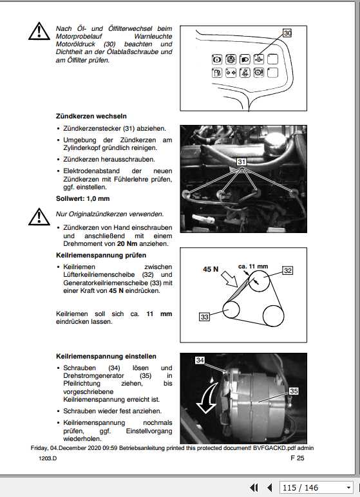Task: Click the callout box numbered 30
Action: pos(287,33)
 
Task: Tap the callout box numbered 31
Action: pos(242,162)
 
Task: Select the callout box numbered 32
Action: pos(287,270)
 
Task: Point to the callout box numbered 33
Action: pos(204,317)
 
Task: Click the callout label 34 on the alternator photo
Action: pos(200,360)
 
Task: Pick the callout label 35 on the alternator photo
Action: pos(294,391)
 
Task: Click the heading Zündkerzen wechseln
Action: pos(91,117)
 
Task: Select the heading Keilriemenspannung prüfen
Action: pos(101,255)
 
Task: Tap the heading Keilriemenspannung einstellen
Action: pos(106,356)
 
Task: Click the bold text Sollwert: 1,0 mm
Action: pos(83,199)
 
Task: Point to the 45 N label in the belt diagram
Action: pos(211,269)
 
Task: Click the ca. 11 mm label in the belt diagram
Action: pos(253,267)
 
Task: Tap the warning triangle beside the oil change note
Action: pos(39,32)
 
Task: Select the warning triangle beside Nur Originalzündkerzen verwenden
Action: pos(39,217)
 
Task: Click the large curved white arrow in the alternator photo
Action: pos(206,398)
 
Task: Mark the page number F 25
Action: pos(297,458)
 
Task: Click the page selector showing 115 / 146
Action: pos(317,487)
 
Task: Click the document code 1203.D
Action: pos(48,458)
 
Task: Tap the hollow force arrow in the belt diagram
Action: pos(230,278)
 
